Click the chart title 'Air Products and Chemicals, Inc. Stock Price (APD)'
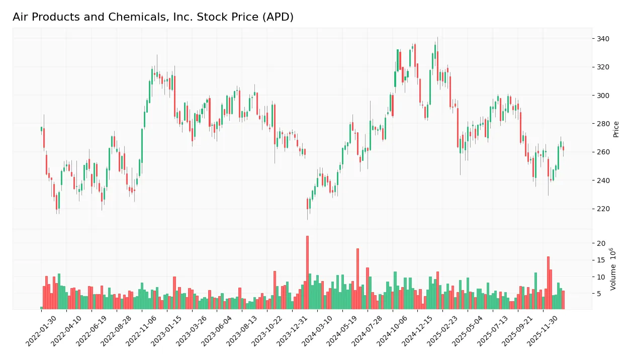coord(153,17)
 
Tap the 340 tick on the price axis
coord(603,39)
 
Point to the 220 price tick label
coord(603,209)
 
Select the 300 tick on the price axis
coord(603,96)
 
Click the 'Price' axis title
coord(616,129)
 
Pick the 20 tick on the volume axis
coord(601,243)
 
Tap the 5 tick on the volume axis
coord(599,294)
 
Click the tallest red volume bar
coord(307,272)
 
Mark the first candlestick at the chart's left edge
coord(41,129)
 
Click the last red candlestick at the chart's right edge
coord(563,148)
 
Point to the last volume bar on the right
coord(563,300)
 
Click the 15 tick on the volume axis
coord(601,260)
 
